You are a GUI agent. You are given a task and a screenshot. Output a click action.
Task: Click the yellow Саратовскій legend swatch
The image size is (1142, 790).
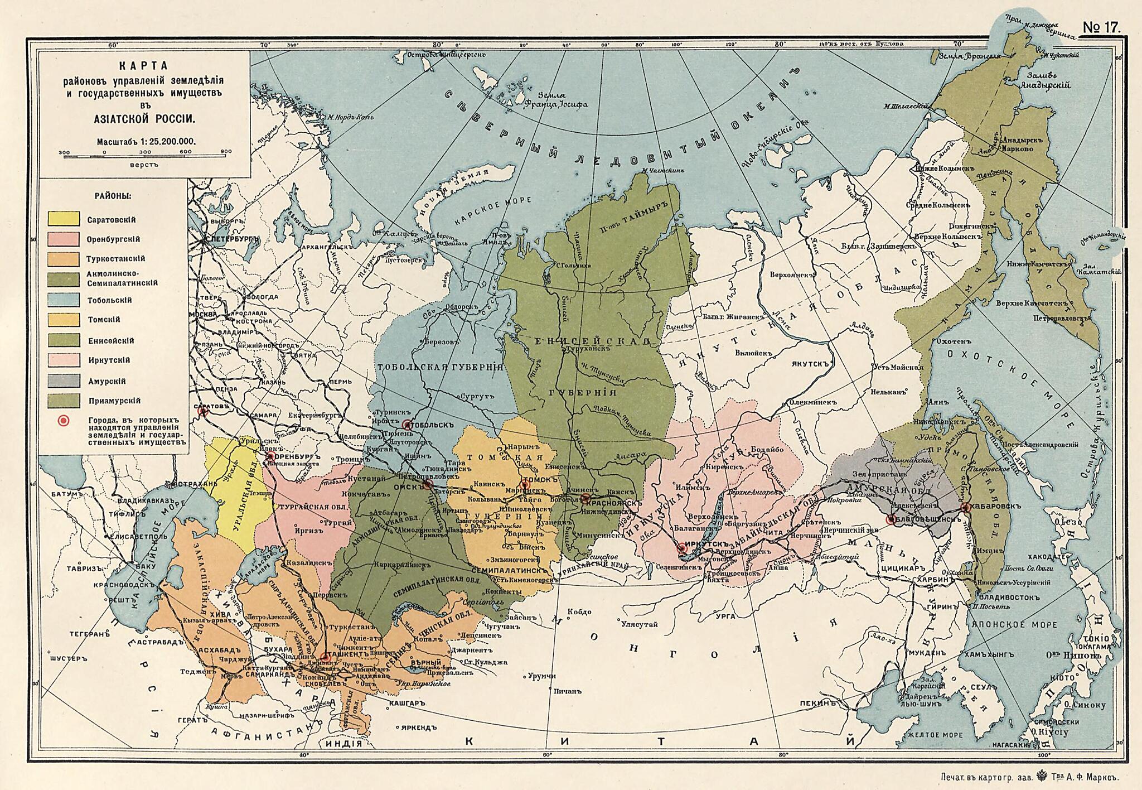point(64,218)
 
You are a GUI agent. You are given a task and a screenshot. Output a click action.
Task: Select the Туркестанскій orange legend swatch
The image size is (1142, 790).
point(64,259)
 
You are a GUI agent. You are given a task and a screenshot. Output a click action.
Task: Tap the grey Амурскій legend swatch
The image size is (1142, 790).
point(64,380)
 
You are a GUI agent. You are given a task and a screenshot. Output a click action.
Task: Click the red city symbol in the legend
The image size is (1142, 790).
point(64,420)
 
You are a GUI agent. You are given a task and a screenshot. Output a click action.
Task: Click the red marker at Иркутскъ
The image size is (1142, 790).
point(681,549)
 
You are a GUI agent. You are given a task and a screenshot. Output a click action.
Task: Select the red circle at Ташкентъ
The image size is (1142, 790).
point(324,657)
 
